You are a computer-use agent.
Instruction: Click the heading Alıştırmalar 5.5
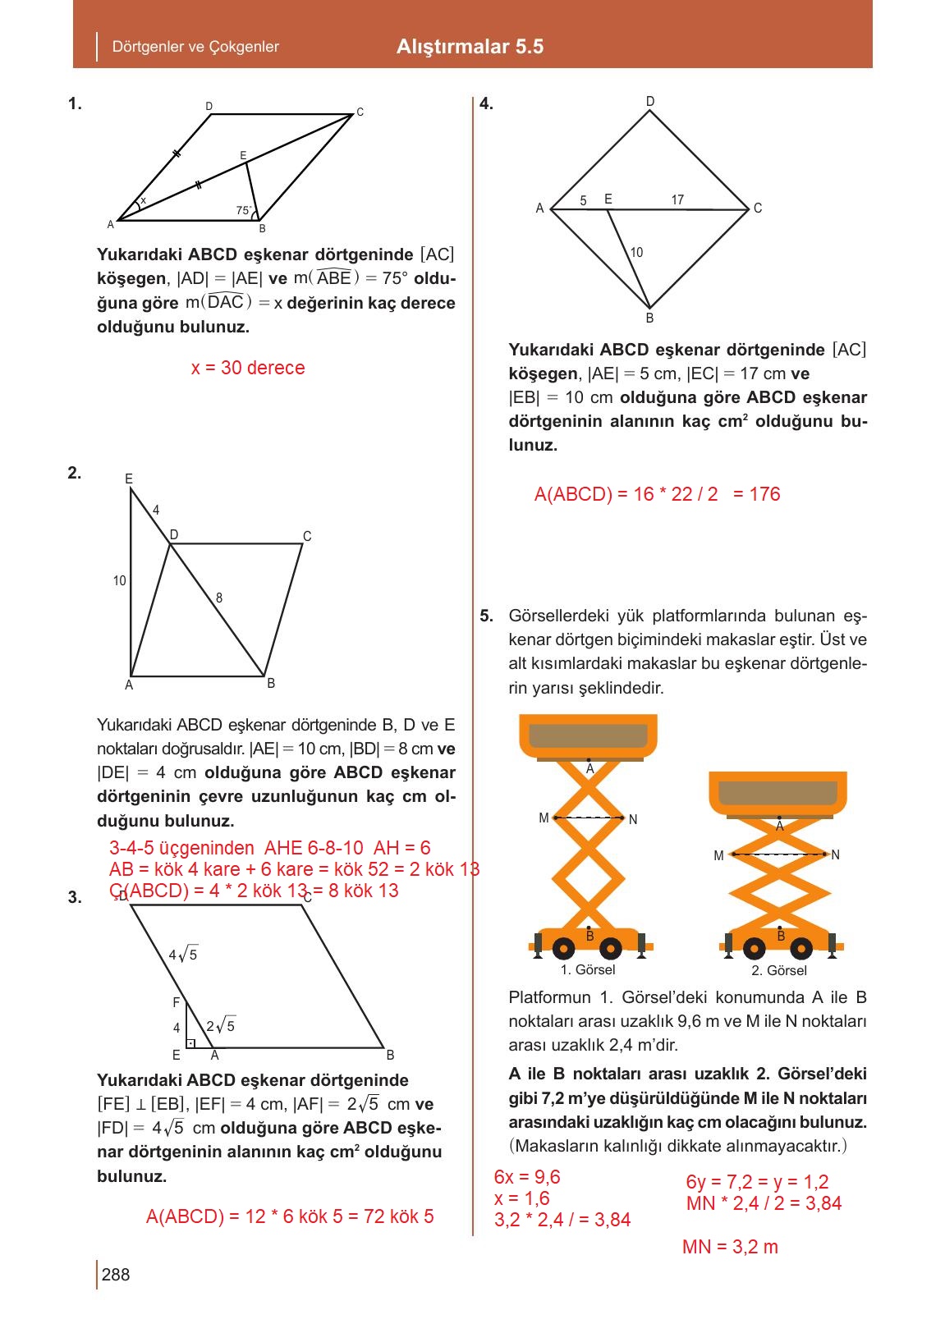(x=470, y=47)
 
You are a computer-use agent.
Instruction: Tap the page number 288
(x=116, y=1274)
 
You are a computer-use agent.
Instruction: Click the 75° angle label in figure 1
(x=244, y=211)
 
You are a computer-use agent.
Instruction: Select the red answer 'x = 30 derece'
(x=248, y=368)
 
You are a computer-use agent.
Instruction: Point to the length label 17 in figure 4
(x=677, y=199)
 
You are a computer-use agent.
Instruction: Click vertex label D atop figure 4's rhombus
(x=650, y=102)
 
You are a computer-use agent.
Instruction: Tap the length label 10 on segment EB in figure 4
(x=637, y=252)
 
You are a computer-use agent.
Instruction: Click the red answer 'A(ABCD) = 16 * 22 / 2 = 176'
(x=657, y=494)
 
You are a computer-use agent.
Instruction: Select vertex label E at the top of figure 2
(x=129, y=479)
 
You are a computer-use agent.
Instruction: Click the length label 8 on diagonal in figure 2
(x=219, y=598)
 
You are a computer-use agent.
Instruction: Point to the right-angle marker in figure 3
(x=190, y=1043)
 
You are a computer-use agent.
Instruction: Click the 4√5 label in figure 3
(x=183, y=955)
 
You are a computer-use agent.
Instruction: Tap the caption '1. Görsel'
(x=588, y=970)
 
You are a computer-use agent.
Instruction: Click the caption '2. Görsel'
(x=779, y=970)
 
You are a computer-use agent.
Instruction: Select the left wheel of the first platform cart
(x=563, y=949)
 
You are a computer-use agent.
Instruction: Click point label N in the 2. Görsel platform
(x=836, y=855)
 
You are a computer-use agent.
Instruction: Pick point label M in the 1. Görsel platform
(x=544, y=818)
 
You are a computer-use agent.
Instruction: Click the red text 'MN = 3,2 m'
(x=730, y=1247)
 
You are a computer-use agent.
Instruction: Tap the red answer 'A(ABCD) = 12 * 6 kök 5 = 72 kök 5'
(x=290, y=1216)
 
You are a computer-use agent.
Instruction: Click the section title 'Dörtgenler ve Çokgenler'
(x=195, y=47)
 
